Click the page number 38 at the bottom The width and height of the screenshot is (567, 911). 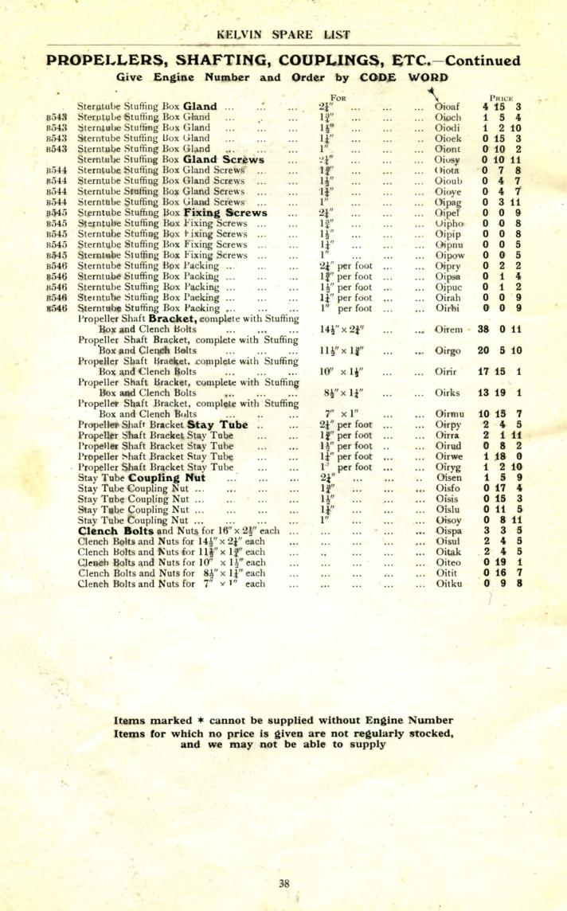click(284, 882)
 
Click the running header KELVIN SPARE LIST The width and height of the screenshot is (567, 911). click(283, 36)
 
